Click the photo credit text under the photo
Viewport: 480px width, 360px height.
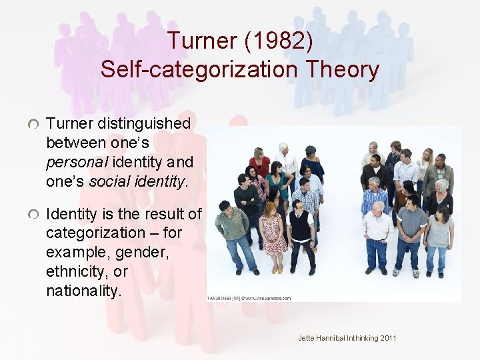[x=249, y=298]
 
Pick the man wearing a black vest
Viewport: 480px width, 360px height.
[x=301, y=230]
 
